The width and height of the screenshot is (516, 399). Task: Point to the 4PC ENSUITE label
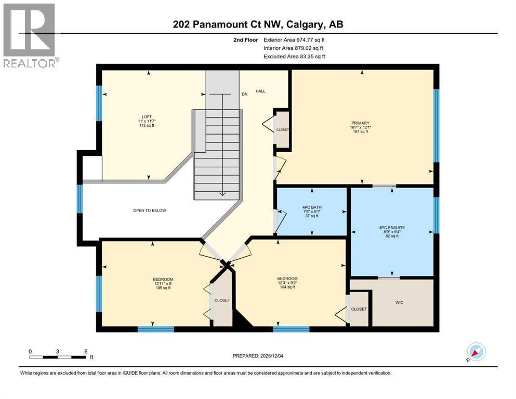tap(392, 226)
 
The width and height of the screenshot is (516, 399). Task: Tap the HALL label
tap(260, 91)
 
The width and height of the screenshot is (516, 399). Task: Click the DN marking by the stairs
tap(244, 95)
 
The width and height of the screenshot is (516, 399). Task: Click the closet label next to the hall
tap(283, 130)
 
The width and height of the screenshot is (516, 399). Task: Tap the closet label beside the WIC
tap(359, 309)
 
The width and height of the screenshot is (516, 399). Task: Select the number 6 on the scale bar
tap(85, 351)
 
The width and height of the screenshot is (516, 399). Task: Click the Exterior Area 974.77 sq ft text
tap(295, 39)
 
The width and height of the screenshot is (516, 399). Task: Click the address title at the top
tap(257, 24)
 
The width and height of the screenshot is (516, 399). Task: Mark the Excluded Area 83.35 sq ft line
tap(295, 56)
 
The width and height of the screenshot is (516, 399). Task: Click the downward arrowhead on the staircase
tap(222, 194)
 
